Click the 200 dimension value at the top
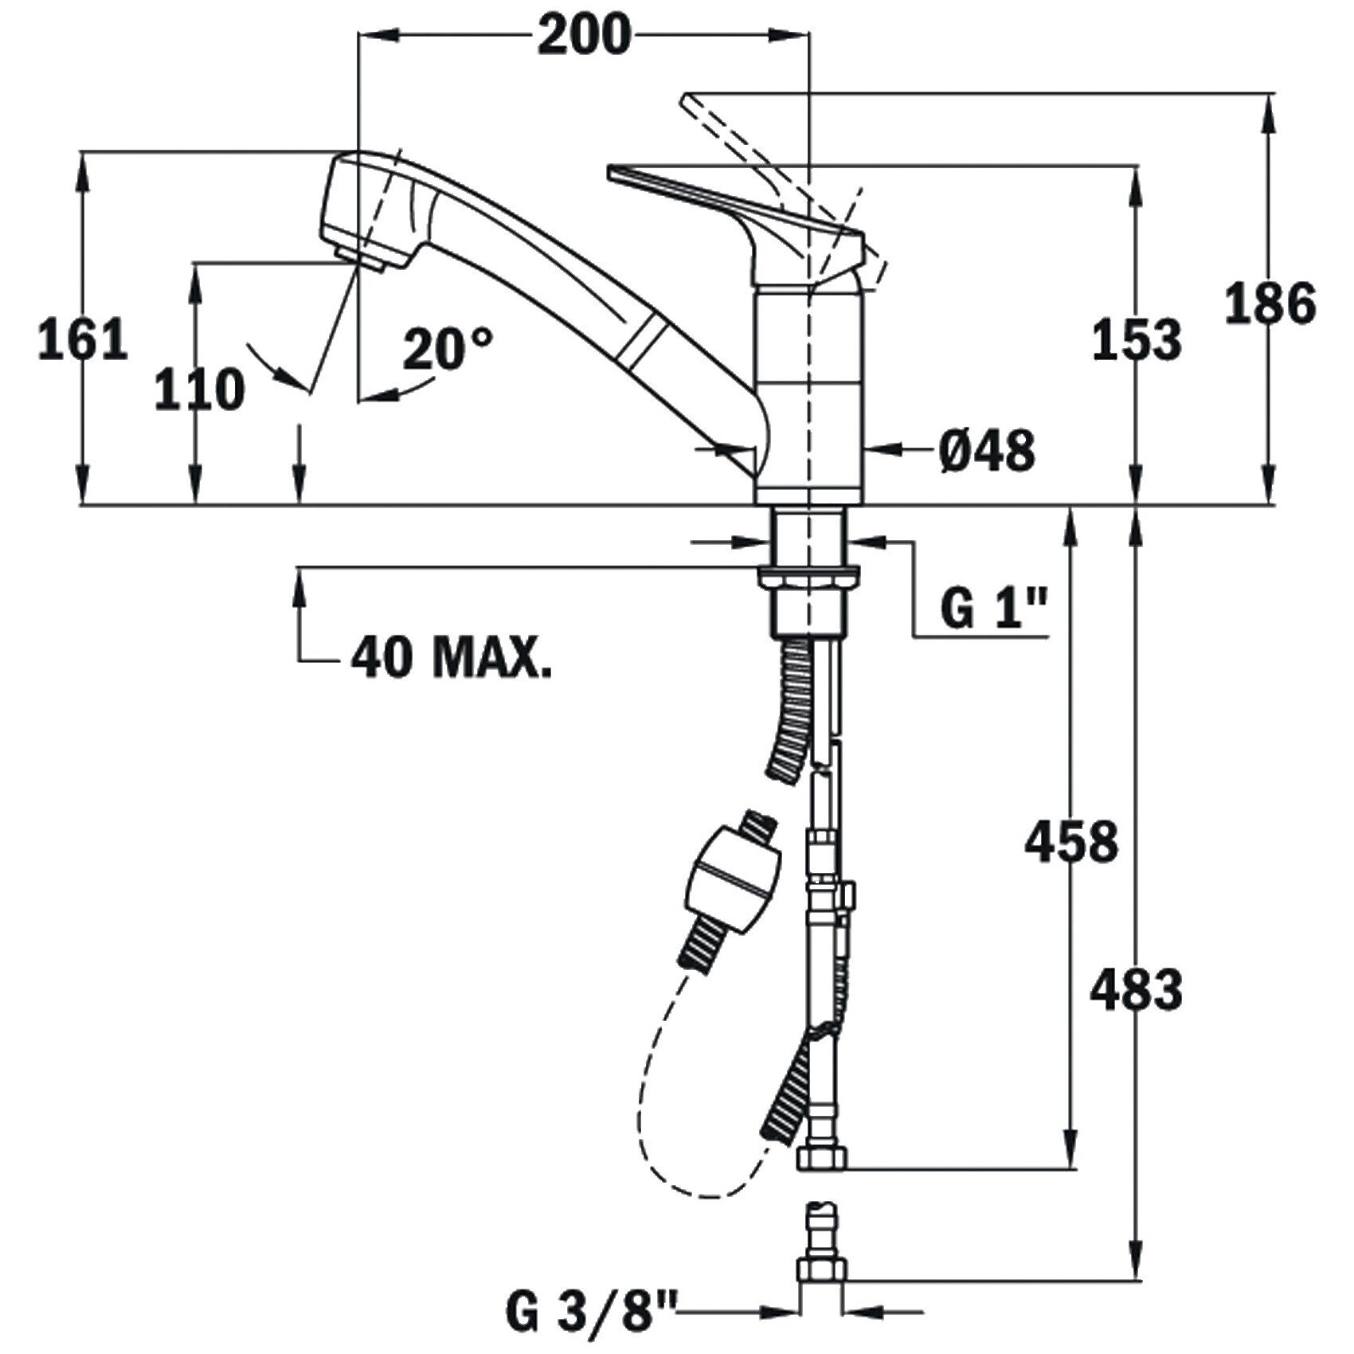click(x=584, y=36)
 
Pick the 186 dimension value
click(x=1270, y=304)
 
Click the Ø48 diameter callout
click(x=986, y=452)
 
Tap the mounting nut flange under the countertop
click(x=809, y=576)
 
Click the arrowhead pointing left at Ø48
click(x=879, y=450)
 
